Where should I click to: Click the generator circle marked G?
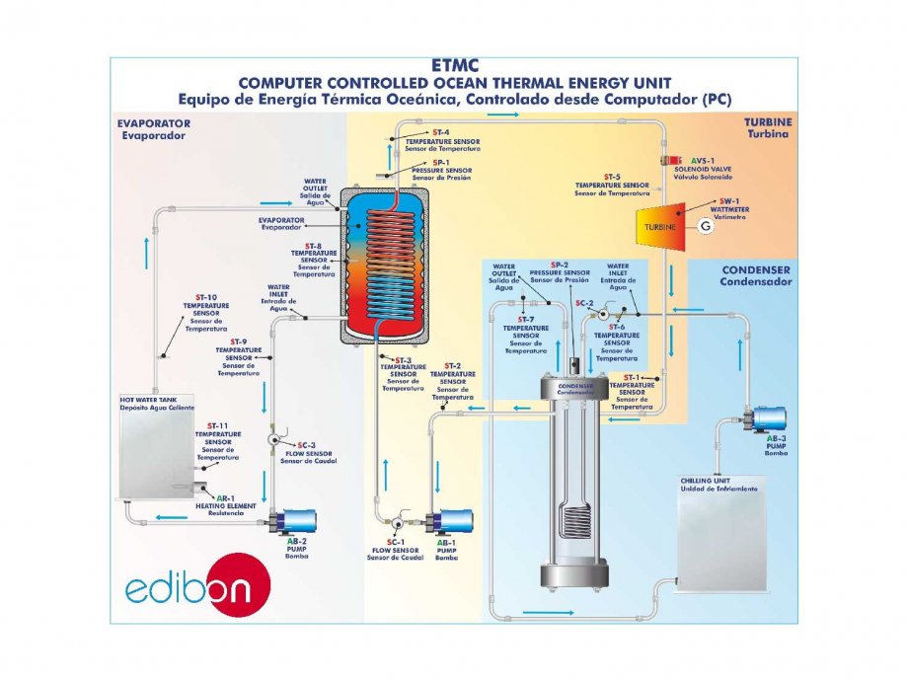(x=704, y=226)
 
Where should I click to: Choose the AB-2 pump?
(x=297, y=520)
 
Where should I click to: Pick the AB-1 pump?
(x=449, y=522)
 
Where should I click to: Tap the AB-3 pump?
(x=767, y=418)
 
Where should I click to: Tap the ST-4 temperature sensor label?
(x=442, y=136)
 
